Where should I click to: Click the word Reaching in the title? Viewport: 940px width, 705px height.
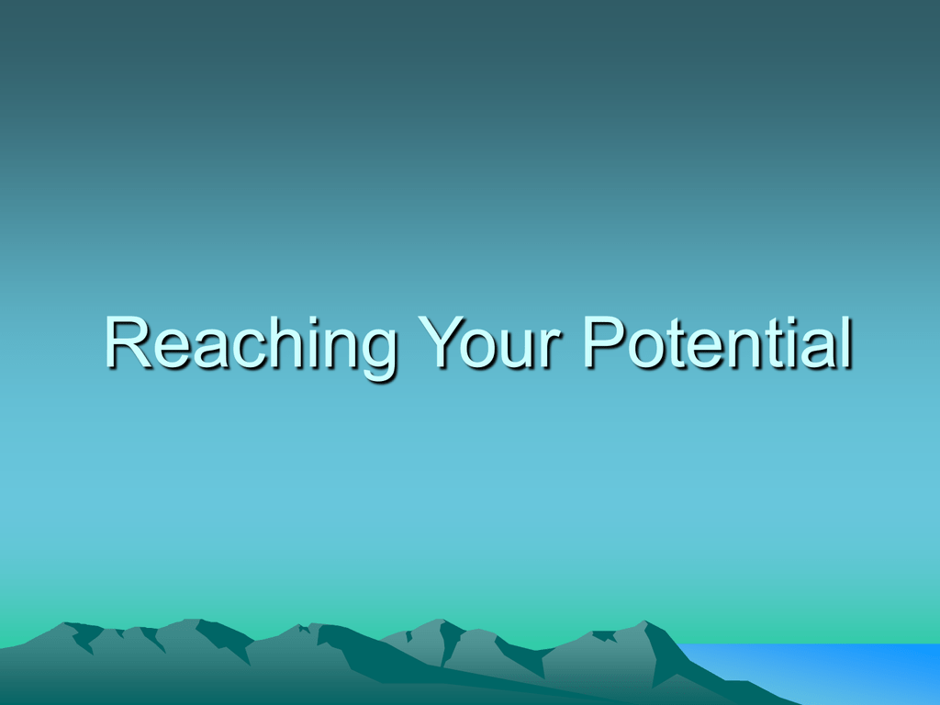tap(251, 346)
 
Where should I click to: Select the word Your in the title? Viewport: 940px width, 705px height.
tap(489, 341)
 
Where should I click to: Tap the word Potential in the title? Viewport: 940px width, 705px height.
tap(717, 341)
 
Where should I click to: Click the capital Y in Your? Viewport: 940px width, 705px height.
tap(441, 341)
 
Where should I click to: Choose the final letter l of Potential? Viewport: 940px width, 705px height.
tap(846, 341)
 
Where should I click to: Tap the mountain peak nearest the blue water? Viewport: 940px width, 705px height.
tap(645, 621)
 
